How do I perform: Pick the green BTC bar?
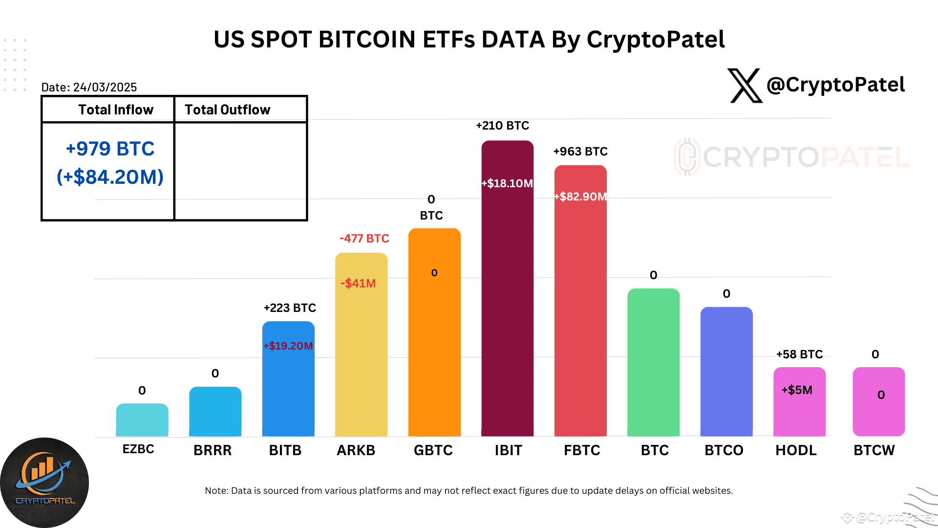pyautogui.click(x=653, y=362)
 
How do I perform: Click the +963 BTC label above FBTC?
pyautogui.click(x=580, y=152)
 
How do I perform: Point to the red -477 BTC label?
pyautogui.click(x=364, y=239)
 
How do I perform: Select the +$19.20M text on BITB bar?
pyautogui.click(x=288, y=346)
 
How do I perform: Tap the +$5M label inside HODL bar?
pyautogui.click(x=797, y=390)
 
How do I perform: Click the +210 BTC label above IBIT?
pyautogui.click(x=502, y=126)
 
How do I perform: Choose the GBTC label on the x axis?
pyautogui.click(x=433, y=450)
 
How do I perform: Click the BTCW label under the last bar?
pyautogui.click(x=874, y=450)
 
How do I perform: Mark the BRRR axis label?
pyautogui.click(x=213, y=450)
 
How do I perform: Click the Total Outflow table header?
pyautogui.click(x=228, y=110)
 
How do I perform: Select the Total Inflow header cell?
pyautogui.click(x=116, y=110)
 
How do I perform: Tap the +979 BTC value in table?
pyautogui.click(x=110, y=149)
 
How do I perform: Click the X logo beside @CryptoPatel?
pyautogui.click(x=745, y=86)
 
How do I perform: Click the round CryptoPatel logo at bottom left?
pyautogui.click(x=44, y=482)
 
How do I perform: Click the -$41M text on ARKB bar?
pyautogui.click(x=358, y=284)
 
